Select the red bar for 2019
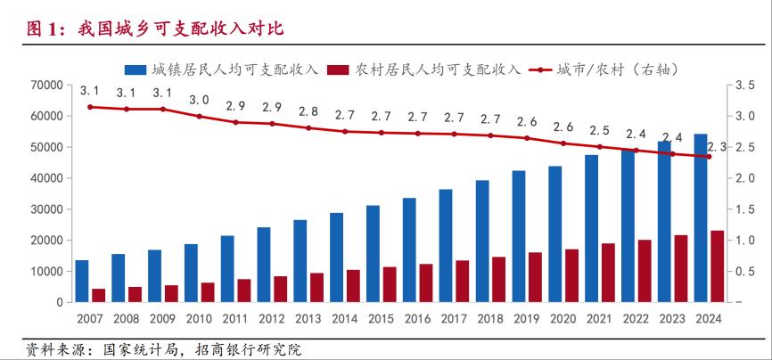tap(535, 278)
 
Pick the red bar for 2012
tap(281, 290)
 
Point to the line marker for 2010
tap(200, 116)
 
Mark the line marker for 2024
tap(710, 157)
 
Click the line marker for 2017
tap(455, 134)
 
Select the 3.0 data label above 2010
tap(200, 100)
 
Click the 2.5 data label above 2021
tap(600, 130)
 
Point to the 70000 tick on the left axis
tap(45, 86)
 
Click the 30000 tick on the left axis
tap(45, 209)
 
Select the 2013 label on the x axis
tap(308, 319)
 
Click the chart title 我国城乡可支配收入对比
tap(155, 29)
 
